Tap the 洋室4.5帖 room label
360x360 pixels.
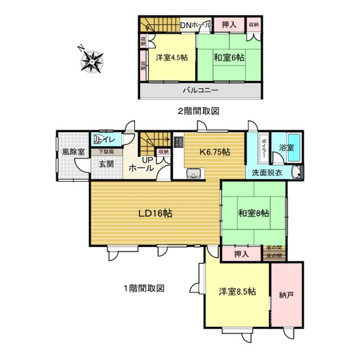tap(172, 58)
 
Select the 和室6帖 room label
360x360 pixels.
tap(229, 58)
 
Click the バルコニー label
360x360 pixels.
tap(200, 90)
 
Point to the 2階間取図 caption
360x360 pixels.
tap(198, 110)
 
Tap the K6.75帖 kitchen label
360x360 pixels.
tap(215, 152)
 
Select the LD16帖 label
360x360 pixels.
tap(154, 213)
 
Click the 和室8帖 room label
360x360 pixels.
tap(253, 213)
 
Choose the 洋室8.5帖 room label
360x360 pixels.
tap(237, 291)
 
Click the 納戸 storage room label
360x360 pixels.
tap(286, 296)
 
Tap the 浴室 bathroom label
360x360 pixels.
tap(286, 147)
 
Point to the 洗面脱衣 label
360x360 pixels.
tap(268, 173)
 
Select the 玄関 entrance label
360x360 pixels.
tap(107, 163)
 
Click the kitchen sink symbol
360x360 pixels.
tap(194, 173)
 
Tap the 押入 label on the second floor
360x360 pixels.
tap(228, 25)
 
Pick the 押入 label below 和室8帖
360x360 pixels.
tap(242, 254)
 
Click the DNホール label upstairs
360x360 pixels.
tap(195, 24)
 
